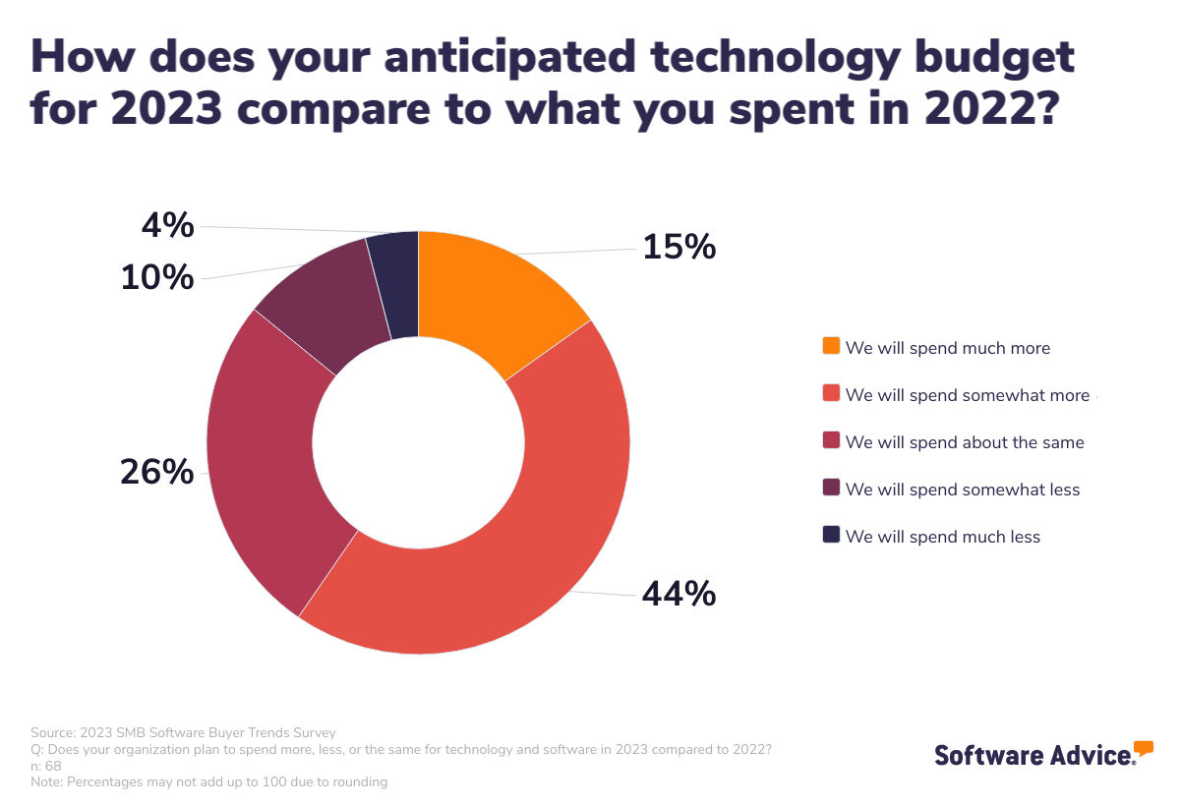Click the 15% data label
coord(678,247)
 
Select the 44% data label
coord(678,594)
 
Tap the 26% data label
coord(157,473)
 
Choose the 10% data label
coord(157,278)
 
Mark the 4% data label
coord(168,227)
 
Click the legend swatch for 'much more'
coord(831,347)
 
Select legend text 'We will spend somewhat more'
coord(968,395)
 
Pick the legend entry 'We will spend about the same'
coord(964,442)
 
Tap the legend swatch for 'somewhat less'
coord(831,489)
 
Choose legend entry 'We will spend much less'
coord(942,537)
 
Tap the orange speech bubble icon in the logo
coord(1144,748)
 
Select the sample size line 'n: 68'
coord(46,766)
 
